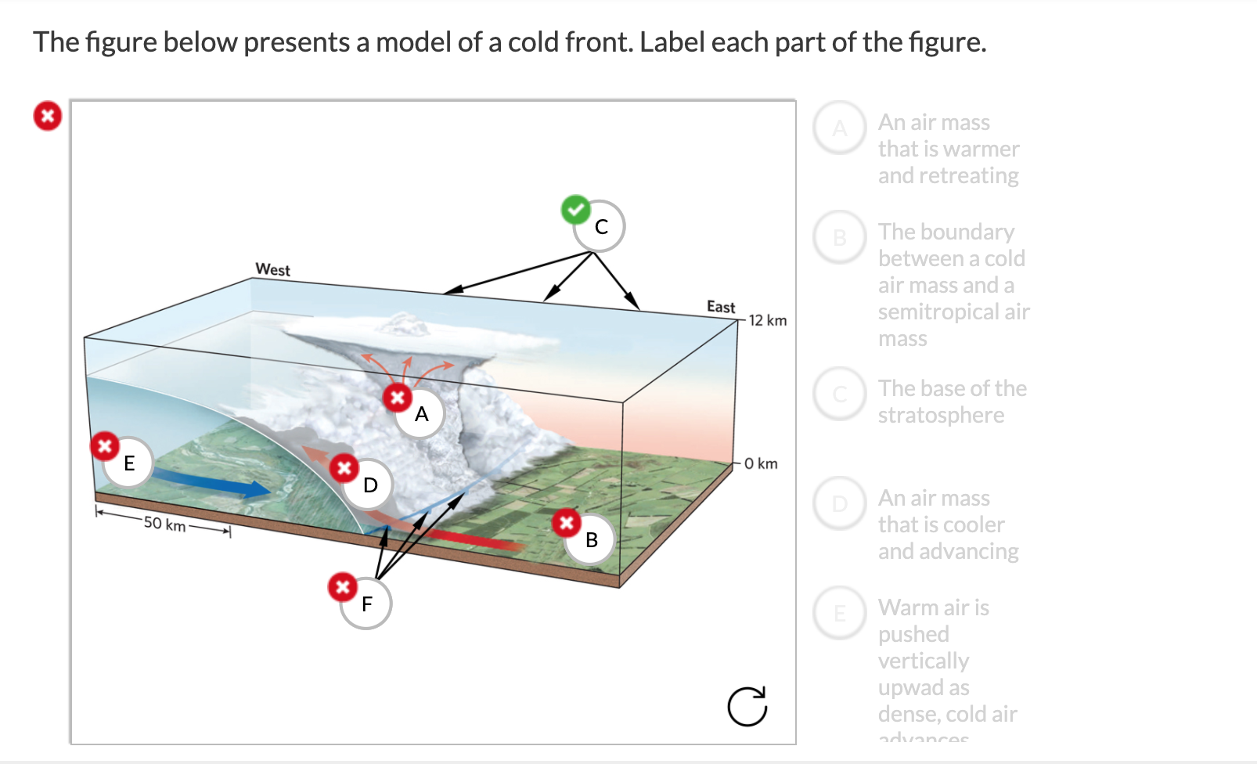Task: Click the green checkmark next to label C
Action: pos(576,210)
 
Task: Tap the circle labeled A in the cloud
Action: pos(421,414)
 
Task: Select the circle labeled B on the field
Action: pos(592,539)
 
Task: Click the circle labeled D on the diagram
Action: pos(370,485)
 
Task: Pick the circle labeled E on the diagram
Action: pos(129,463)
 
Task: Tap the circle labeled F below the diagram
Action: pos(366,604)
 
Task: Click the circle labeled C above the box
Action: pos(600,226)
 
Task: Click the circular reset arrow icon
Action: pos(747,706)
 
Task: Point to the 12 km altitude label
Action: pos(767,320)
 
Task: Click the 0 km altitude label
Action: pos(761,463)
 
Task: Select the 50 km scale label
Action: pos(164,524)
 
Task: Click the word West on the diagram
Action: pos(272,269)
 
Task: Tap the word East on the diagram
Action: pos(721,307)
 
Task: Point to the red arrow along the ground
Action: pos(470,539)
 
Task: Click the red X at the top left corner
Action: pos(48,116)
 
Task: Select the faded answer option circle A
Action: pos(840,128)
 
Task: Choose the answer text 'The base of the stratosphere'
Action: pos(951,402)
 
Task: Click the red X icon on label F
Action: pos(342,586)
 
